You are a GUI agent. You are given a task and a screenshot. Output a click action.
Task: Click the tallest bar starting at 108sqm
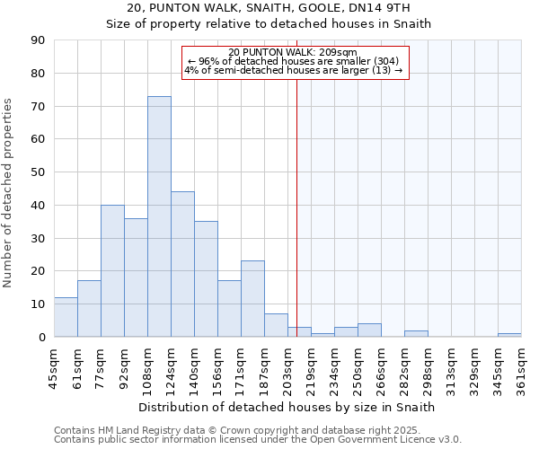(x=159, y=216)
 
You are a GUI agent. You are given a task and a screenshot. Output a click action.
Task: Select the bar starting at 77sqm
(x=112, y=270)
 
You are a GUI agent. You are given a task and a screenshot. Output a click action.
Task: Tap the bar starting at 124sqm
(x=182, y=264)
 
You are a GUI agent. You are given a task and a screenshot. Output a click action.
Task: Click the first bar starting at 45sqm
(x=66, y=317)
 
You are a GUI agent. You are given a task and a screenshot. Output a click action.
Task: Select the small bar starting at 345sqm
(x=509, y=335)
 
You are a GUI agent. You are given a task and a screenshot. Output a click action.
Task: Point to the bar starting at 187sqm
(x=276, y=325)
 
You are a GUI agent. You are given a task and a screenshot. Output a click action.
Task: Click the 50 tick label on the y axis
(x=38, y=172)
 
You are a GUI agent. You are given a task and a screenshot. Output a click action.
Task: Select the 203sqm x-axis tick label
(x=287, y=368)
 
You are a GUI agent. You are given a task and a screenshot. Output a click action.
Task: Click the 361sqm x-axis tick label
(x=521, y=368)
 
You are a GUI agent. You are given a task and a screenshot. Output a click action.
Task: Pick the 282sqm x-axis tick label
(x=404, y=368)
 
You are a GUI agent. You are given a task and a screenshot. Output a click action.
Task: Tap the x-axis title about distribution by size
(x=287, y=407)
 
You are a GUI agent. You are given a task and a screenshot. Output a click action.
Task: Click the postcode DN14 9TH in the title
(x=384, y=9)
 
